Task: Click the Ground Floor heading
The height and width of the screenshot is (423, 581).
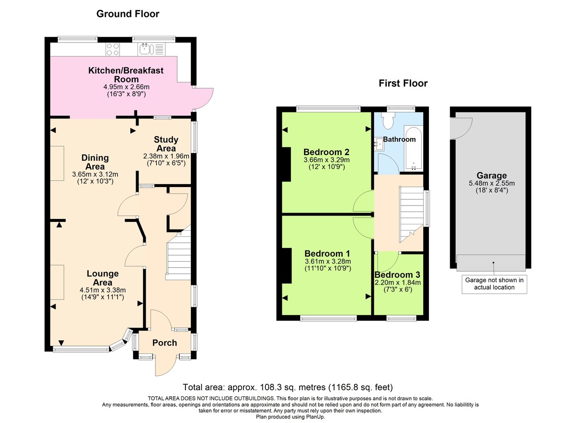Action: click(128, 14)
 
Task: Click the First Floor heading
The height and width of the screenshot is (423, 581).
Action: click(403, 83)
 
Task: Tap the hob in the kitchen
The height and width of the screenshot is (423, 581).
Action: click(113, 48)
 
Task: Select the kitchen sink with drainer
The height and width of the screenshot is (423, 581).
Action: click(152, 48)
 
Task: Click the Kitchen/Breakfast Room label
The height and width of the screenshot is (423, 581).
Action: click(126, 75)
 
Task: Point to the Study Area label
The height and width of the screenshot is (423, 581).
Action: click(166, 144)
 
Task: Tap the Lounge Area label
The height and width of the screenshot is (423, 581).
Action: click(103, 278)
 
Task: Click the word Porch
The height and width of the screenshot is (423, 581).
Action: click(165, 343)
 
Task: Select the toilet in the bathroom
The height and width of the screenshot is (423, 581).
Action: click(388, 121)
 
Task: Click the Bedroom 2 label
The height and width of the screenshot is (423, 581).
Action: click(326, 150)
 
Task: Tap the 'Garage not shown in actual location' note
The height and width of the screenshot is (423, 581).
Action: click(494, 283)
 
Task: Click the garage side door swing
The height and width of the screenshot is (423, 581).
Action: click(456, 127)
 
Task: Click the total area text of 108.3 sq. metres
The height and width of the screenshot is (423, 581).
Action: click(288, 387)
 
